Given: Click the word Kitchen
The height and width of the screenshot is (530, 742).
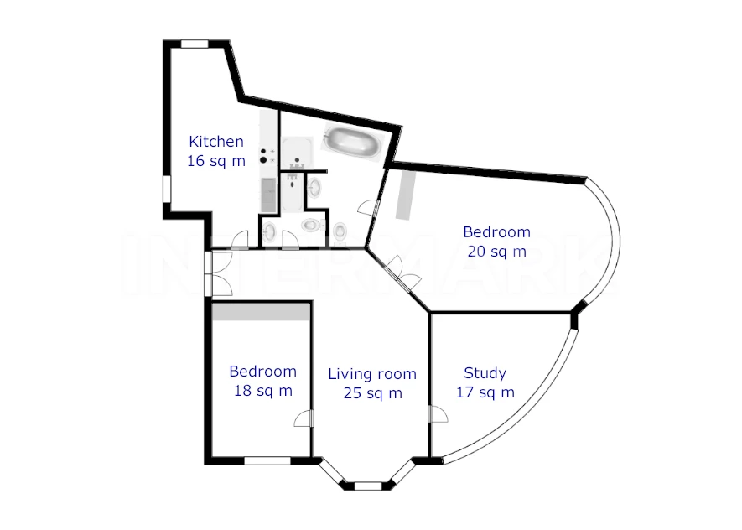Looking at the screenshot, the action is coord(216,141).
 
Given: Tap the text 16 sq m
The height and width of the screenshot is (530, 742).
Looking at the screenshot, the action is coord(216,161).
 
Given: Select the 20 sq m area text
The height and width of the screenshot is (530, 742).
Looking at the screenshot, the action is coord(497,252).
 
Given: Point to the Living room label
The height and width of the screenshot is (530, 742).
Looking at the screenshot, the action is coord(372,374).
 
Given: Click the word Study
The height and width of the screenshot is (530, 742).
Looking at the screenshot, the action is coord(485,373).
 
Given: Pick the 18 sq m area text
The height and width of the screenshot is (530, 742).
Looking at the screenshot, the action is coord(263,391).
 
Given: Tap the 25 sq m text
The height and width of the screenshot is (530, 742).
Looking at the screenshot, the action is coord(373,393).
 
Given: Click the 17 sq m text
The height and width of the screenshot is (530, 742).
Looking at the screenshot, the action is coord(485,392).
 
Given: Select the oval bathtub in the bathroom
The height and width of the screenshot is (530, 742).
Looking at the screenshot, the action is coord(353,140).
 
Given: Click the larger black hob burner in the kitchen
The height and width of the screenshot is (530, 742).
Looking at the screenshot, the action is coord(263,160).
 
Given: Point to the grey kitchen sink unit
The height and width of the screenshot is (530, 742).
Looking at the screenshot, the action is coord(268,195).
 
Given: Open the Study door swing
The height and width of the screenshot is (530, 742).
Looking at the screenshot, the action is coord(438,414).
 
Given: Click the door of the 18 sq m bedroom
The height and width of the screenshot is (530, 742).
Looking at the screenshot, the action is coord(304,418).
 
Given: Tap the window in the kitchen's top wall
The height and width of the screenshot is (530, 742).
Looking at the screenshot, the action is coord(195,44).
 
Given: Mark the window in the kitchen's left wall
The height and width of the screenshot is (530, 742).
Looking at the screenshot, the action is coord(166,190).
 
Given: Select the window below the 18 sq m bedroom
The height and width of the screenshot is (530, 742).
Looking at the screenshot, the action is coord(267,460).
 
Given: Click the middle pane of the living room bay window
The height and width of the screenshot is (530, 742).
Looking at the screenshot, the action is coord(368,486).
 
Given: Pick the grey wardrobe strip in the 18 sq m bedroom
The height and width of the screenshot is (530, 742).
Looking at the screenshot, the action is coord(261,312).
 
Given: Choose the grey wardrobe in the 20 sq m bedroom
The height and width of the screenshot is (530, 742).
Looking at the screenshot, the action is coord(405,195).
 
